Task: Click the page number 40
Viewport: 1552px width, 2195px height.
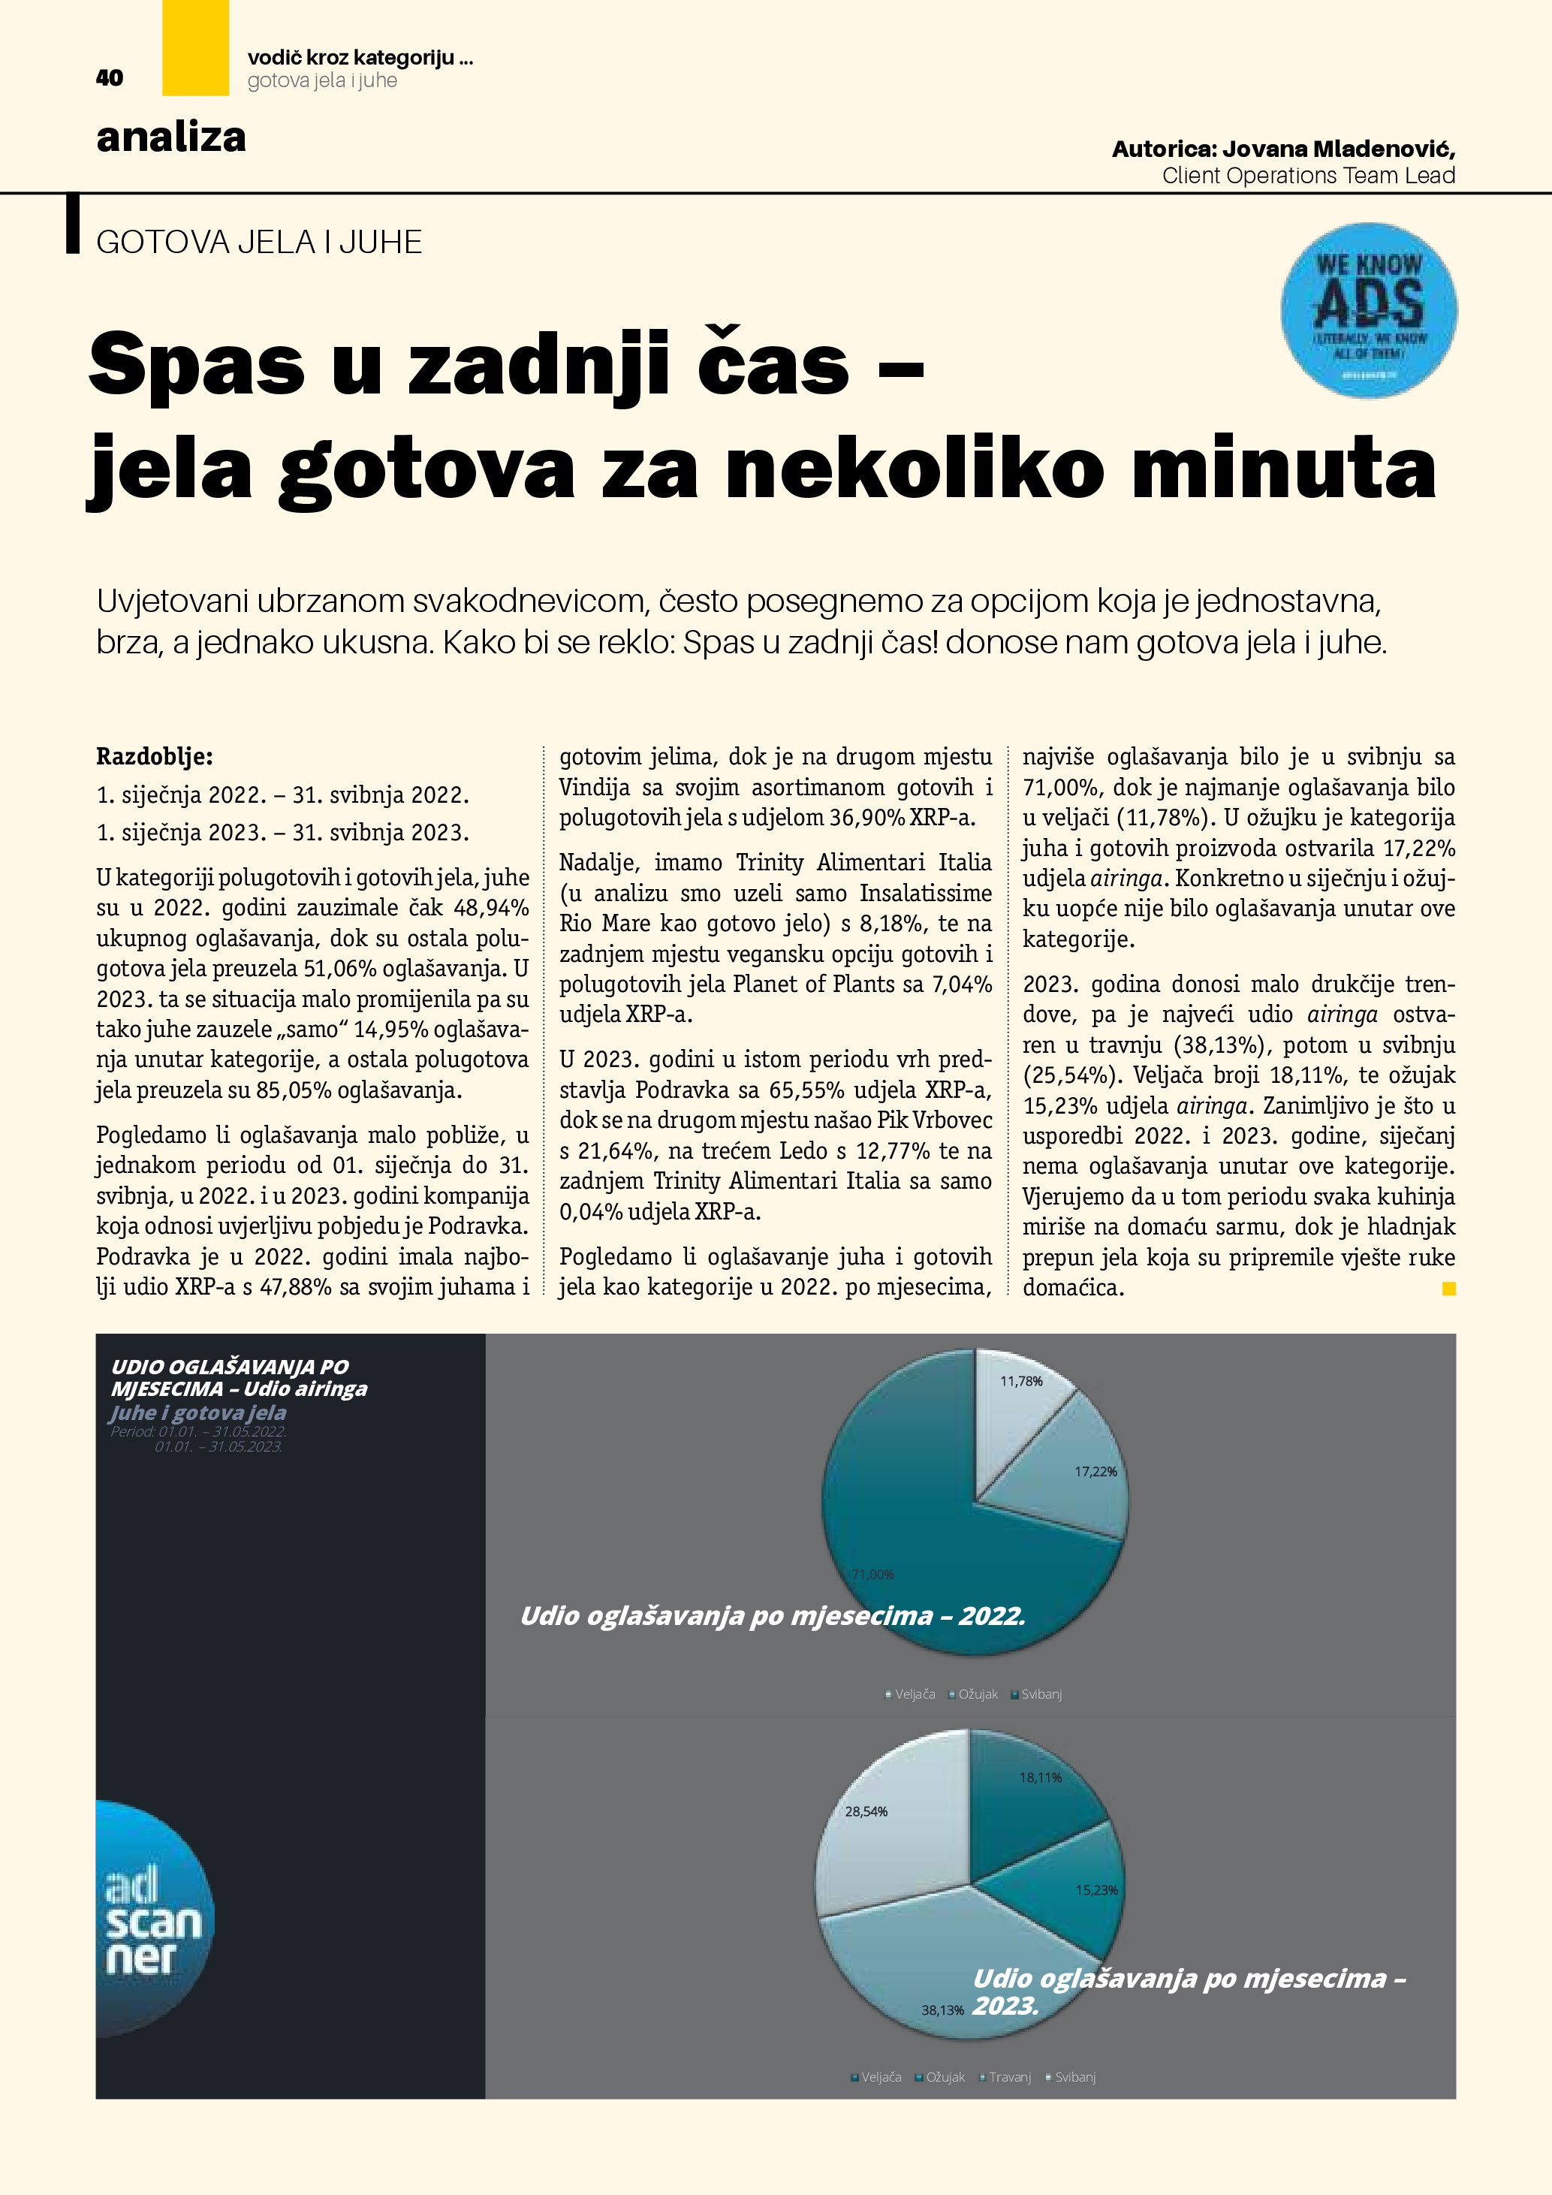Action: click(110, 78)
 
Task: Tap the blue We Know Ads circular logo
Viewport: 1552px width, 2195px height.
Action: click(1369, 311)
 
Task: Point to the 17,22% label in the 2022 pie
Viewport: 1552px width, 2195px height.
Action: click(1095, 1471)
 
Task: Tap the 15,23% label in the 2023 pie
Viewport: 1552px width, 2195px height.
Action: click(1096, 1890)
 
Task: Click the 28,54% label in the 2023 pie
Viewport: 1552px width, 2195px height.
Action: click(866, 1811)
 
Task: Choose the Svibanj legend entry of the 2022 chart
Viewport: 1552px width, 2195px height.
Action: click(1041, 1694)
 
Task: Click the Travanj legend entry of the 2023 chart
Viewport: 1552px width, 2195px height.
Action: click(1009, 2077)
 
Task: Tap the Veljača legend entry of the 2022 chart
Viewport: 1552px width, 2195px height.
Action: click(915, 1694)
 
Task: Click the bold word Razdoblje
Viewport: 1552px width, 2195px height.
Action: click(155, 757)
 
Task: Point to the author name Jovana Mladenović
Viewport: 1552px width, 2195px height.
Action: click(1338, 149)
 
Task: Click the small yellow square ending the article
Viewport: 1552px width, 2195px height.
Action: click(1448, 1289)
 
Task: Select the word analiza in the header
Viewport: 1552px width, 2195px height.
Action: click(171, 137)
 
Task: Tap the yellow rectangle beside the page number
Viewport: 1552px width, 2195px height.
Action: click(195, 48)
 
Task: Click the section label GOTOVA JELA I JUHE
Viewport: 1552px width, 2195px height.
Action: click(259, 242)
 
